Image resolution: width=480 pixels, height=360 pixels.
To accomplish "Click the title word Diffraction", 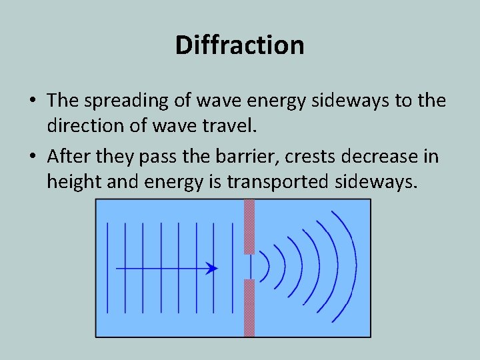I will click(x=240, y=45).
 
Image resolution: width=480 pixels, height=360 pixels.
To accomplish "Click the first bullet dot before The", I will click(x=33, y=101).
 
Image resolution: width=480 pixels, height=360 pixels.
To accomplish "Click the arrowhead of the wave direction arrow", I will click(x=212, y=269).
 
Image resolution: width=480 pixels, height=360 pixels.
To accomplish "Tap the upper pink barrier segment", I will click(x=249, y=227).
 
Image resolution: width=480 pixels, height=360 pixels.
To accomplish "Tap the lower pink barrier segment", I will click(x=249, y=307).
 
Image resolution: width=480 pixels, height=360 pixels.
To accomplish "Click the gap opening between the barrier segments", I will click(x=249, y=267).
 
